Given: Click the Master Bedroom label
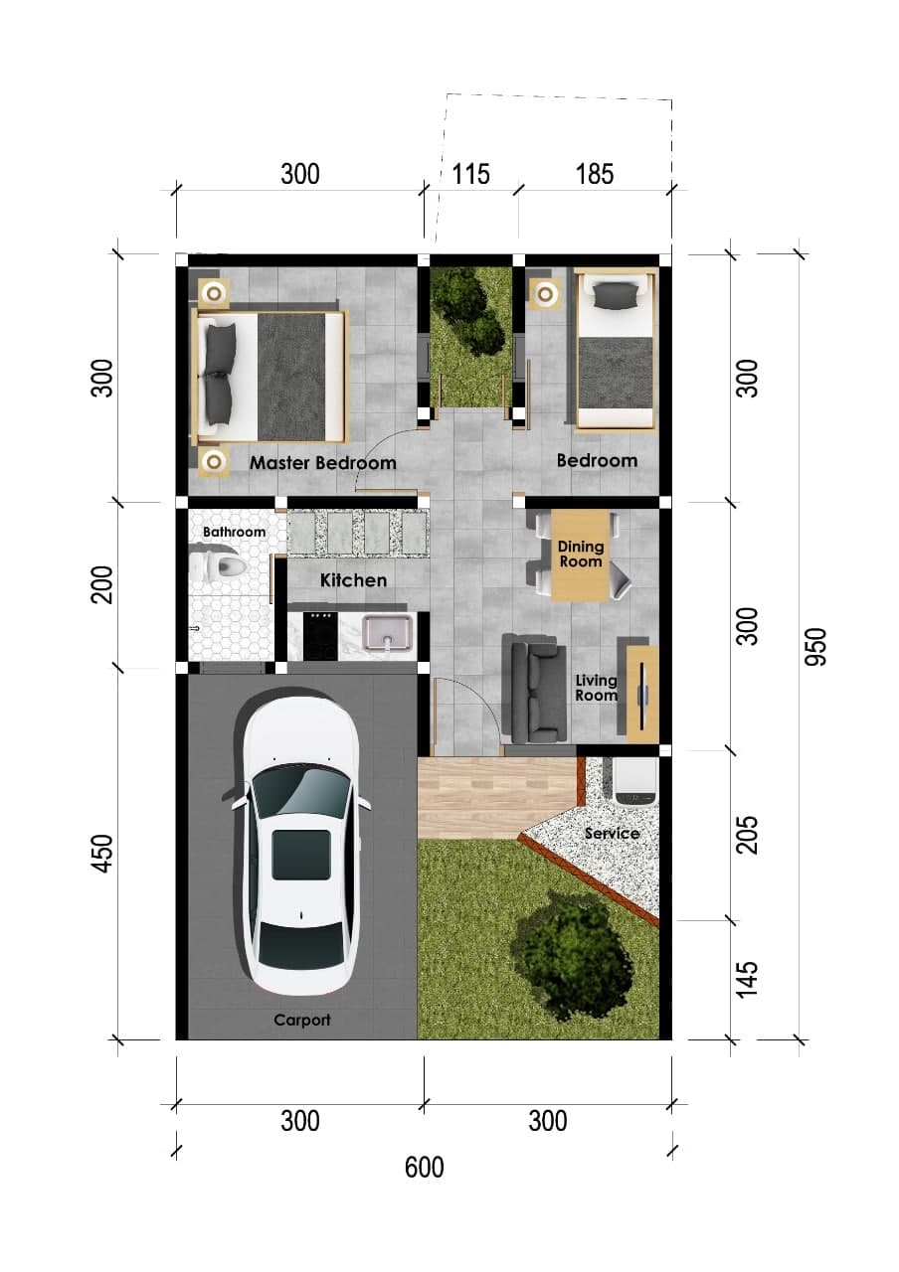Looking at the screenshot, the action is coord(323,463).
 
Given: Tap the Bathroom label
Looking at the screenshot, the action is coord(234,532).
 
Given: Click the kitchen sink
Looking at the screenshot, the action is coord(388,633).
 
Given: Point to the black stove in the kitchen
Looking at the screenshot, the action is coord(320,635).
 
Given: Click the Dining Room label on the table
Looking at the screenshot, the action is coord(580,554).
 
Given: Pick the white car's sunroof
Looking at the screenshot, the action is coord(300,855).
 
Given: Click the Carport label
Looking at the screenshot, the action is coord(301,1020).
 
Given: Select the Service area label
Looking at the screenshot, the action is coord(612,834).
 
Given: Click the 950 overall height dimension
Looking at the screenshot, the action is coord(816,646).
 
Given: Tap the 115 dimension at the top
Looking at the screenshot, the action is coord(471,174).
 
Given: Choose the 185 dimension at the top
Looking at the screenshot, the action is coord(595,174).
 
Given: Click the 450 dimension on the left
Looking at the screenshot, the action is coord(102,854).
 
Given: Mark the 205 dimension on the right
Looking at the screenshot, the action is coord(747,835).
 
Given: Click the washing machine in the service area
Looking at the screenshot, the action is coord(635,781).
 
